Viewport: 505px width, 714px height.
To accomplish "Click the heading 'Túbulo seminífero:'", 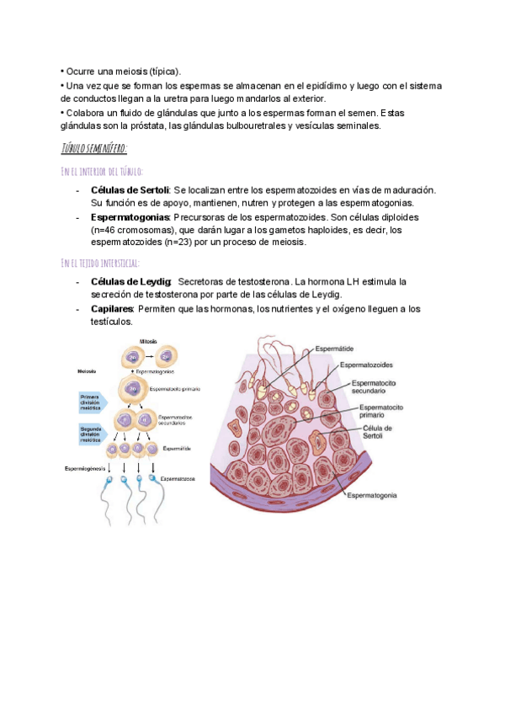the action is click(93, 149).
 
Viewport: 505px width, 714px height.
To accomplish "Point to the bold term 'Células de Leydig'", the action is click(130, 281).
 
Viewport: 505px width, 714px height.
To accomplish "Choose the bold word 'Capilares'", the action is click(111, 309).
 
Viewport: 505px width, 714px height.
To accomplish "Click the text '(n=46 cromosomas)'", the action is click(130, 229).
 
